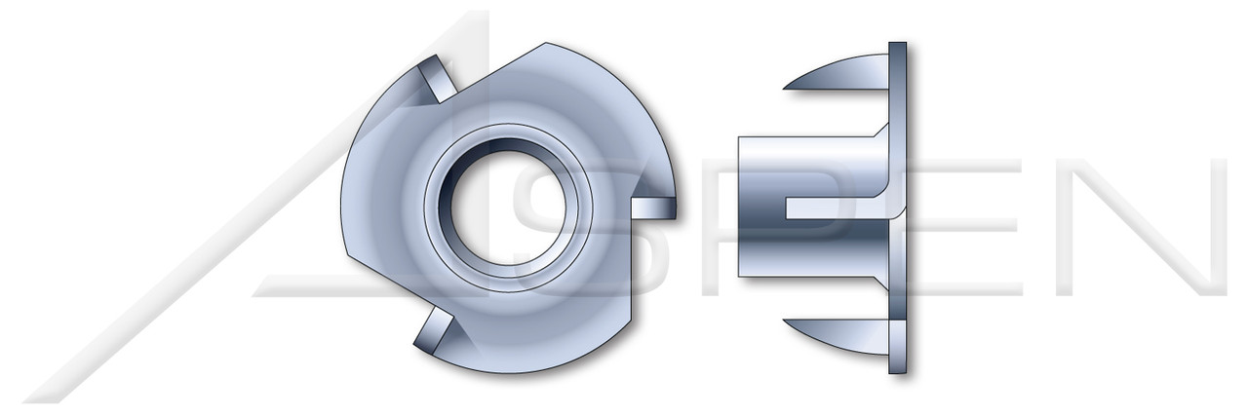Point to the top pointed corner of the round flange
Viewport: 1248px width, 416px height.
(547, 44)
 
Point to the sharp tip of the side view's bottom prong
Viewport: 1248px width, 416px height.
(787, 321)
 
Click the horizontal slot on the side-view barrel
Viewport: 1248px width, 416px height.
(829, 208)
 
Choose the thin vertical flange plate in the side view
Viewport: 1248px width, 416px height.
(898, 208)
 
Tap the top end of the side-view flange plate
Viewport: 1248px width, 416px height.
(898, 46)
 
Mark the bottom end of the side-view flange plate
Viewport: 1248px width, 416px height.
(898, 369)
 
